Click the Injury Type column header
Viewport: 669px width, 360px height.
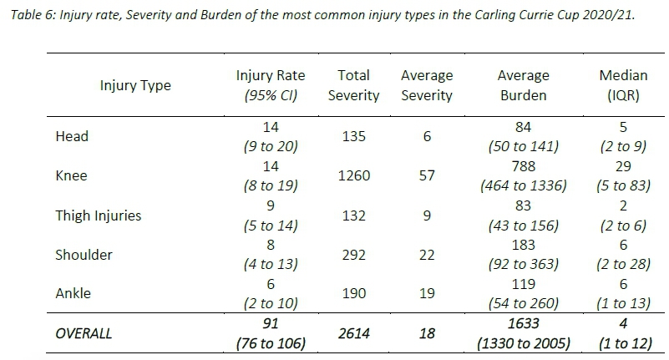(x=135, y=85)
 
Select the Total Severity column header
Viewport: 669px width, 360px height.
(x=353, y=85)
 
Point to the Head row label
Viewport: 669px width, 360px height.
(x=71, y=136)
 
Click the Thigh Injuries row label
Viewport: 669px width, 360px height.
(x=98, y=215)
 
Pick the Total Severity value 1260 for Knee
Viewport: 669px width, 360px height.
(x=353, y=176)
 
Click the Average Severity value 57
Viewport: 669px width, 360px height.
(x=426, y=176)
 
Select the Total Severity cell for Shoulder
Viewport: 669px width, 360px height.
(x=353, y=255)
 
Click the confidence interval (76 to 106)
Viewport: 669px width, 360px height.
(x=271, y=343)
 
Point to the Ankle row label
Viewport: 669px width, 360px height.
(x=73, y=294)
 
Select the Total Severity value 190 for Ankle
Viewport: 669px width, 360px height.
(x=353, y=294)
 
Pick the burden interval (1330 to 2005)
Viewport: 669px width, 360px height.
(x=523, y=343)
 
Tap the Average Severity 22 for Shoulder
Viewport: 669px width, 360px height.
(x=426, y=255)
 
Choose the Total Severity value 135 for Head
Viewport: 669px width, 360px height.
(x=353, y=136)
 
